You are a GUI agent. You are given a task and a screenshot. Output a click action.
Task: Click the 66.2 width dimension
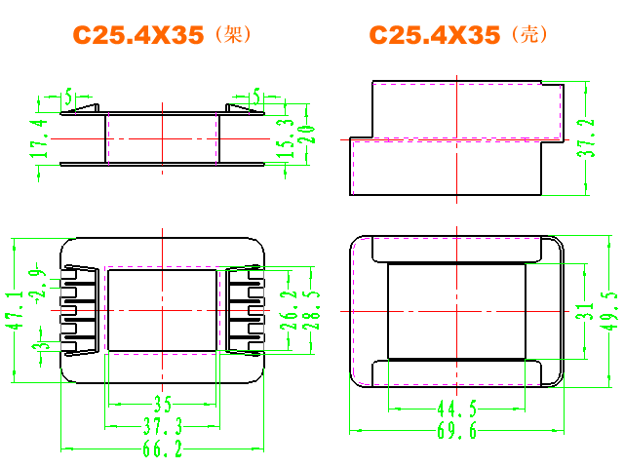pos(163,449)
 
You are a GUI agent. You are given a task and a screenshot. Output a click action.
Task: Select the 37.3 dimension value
pos(163,426)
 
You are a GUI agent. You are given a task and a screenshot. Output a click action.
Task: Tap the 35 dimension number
pos(163,405)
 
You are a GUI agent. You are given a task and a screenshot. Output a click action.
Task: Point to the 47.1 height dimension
pos(15,310)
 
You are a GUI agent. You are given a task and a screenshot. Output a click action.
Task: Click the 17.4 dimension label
pos(39,138)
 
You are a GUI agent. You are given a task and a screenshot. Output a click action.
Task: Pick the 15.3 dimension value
pos(286,138)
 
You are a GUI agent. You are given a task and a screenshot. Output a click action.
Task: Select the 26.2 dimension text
pos(289,310)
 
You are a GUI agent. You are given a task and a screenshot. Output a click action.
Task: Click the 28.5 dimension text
pos(311,310)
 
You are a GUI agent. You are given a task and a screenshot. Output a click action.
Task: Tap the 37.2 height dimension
pos(586,137)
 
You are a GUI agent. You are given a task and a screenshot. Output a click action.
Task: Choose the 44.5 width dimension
pos(457,409)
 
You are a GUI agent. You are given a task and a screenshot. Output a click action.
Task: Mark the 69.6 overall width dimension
pos(457,431)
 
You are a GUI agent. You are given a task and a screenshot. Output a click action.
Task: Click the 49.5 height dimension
pos(608,311)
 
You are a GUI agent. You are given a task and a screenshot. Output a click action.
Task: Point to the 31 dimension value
pos(585,311)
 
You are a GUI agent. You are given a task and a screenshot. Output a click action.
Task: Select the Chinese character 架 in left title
pos(233,35)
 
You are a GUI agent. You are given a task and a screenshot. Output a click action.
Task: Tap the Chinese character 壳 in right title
pos(529,35)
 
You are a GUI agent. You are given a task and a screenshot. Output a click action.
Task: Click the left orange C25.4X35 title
pos(138,35)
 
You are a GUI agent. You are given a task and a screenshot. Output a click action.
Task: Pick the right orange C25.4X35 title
pos(435,35)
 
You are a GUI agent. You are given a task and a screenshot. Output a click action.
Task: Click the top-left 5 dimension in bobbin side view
pos(68,97)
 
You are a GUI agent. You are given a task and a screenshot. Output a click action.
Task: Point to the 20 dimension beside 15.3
pos(307,135)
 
